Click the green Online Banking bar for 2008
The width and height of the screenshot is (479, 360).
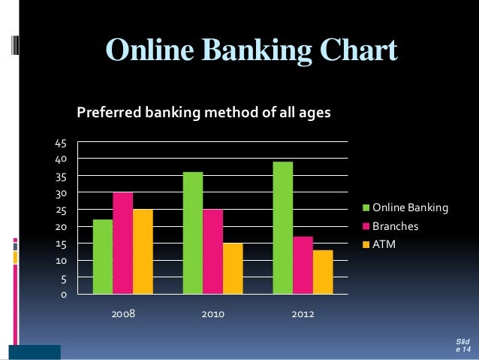(x=103, y=256)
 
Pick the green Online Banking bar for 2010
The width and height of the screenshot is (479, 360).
(x=193, y=233)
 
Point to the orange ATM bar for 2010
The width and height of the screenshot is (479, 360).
(x=233, y=268)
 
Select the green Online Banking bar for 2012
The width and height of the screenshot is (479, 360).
(x=283, y=228)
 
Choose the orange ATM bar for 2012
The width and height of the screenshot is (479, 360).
(x=323, y=271)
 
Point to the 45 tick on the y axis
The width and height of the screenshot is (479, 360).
(x=61, y=143)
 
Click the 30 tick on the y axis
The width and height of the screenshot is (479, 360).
(x=61, y=193)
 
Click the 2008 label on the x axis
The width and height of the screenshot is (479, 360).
(x=123, y=313)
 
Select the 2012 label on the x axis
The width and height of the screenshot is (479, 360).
(x=303, y=313)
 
